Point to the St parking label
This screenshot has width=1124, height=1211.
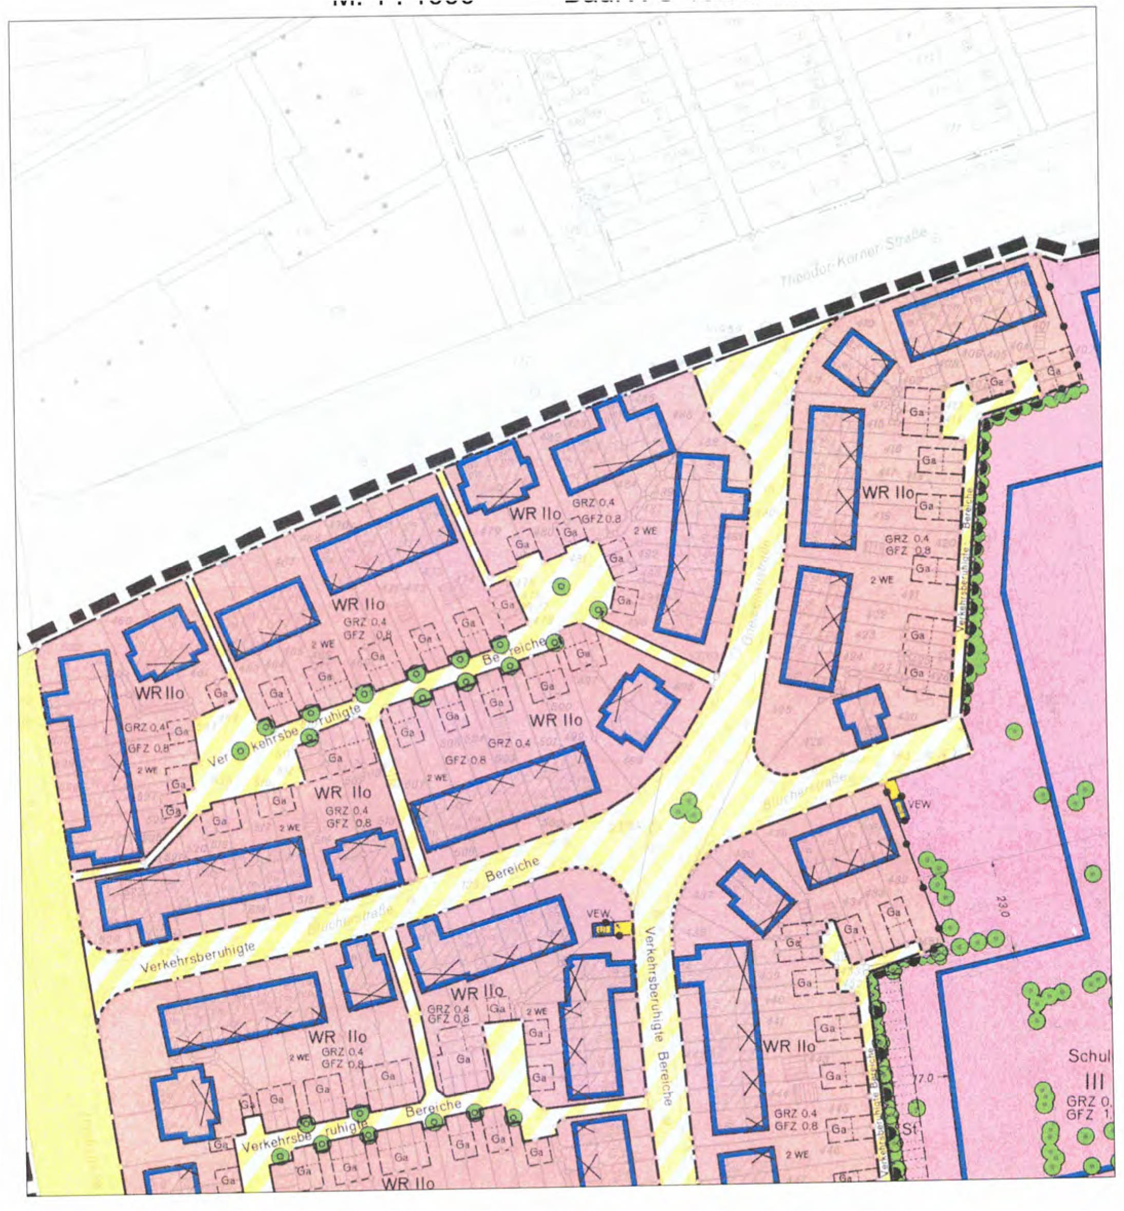click(x=909, y=1129)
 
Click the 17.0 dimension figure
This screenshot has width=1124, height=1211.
click(x=922, y=1078)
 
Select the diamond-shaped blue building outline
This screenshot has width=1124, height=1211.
click(x=859, y=363)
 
